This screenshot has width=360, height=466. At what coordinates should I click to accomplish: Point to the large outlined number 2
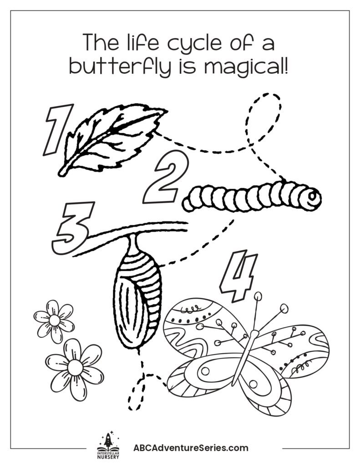point(166,177)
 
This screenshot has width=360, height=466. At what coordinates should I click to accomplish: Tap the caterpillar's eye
point(312,196)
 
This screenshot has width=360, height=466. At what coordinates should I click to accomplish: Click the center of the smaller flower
point(55,320)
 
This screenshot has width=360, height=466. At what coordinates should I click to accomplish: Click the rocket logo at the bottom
point(108,441)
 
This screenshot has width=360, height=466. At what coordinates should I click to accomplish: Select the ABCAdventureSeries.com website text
point(191,448)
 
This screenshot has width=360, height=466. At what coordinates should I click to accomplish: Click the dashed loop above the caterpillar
point(264,119)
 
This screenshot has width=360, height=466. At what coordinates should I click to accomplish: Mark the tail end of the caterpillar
point(186,204)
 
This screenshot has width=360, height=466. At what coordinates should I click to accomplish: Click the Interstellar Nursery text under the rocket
point(108,455)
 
